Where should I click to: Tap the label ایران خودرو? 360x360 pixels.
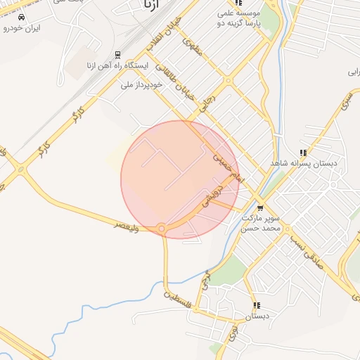22,28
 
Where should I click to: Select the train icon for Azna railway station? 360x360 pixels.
117,55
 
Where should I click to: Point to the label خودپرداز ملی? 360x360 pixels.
141,84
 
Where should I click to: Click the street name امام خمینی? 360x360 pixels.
227,169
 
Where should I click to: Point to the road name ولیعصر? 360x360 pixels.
129,224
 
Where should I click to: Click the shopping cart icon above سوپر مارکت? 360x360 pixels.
260,208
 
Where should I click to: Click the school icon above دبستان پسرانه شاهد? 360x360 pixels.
303,152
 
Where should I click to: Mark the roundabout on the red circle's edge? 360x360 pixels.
162,228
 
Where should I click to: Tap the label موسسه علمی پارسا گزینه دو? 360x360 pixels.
238,18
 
